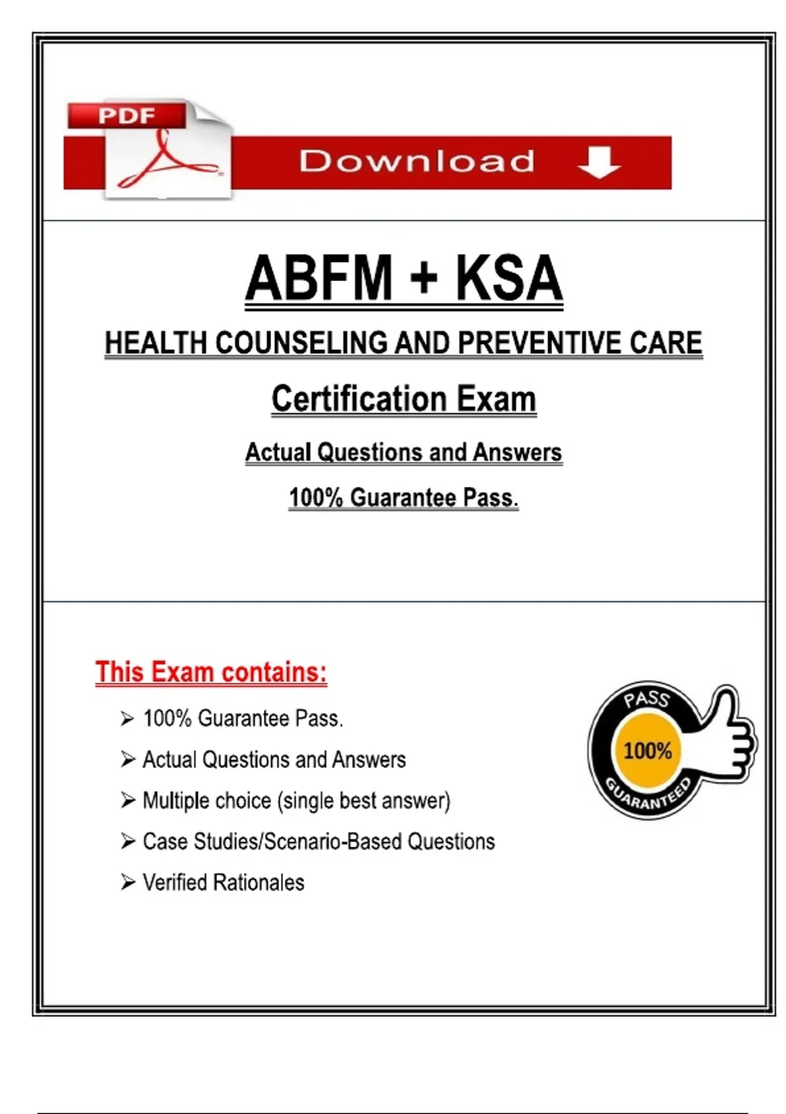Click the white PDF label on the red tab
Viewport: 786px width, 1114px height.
(126, 116)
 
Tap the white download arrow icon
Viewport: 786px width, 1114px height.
(599, 162)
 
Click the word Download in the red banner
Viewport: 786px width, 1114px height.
(417, 162)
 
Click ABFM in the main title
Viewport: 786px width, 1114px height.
(319, 278)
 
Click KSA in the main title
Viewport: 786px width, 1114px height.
(509, 278)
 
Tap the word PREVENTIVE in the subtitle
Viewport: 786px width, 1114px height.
(539, 343)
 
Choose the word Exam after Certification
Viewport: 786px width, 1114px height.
(496, 399)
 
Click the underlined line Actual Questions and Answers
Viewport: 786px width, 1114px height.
(403, 452)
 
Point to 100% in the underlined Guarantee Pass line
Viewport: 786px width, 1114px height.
(316, 497)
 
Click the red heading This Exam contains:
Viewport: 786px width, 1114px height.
(211, 672)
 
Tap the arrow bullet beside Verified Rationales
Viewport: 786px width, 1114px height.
(127, 883)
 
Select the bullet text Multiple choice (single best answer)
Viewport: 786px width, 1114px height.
(296, 801)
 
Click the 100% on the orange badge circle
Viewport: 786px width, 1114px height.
(647, 750)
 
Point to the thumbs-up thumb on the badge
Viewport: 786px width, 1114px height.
(724, 711)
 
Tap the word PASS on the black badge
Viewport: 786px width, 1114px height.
(646, 699)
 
